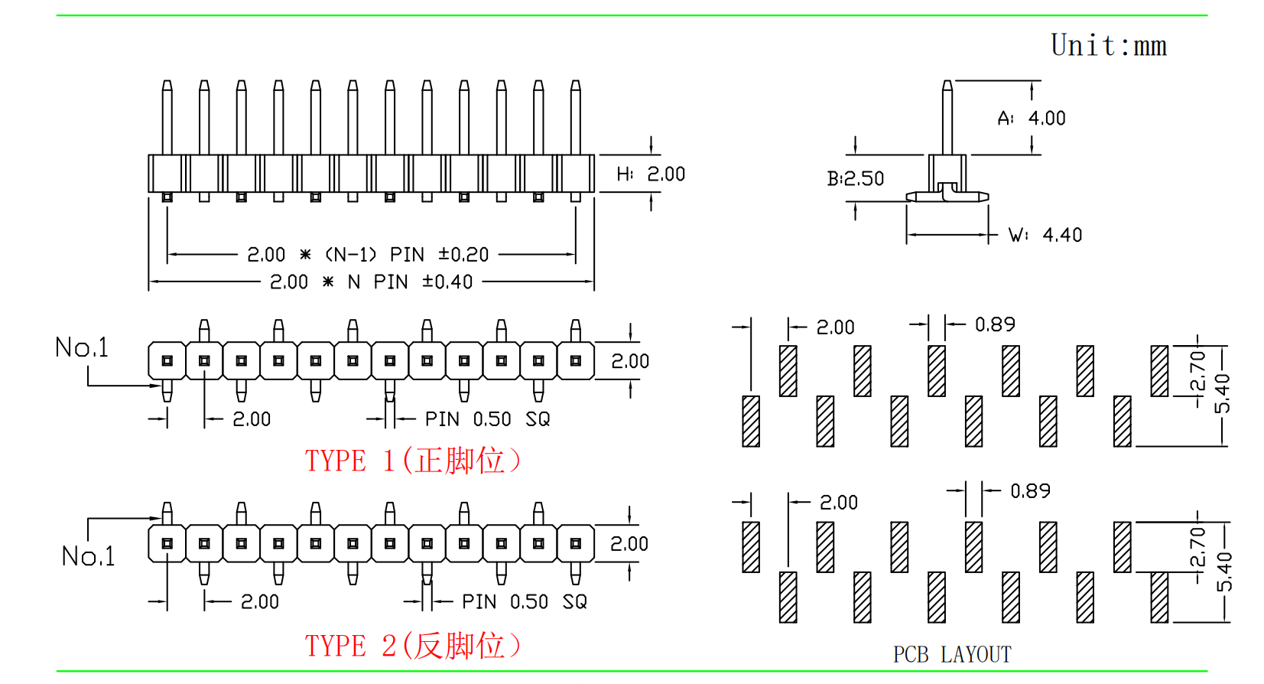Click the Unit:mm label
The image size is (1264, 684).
point(1108,46)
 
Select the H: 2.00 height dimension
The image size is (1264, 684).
point(651,174)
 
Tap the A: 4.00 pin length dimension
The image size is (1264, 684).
point(1032,119)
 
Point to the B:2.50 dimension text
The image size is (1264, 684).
point(856,179)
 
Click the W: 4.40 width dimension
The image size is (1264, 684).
point(1045,235)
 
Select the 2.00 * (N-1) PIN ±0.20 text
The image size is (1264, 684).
point(368,254)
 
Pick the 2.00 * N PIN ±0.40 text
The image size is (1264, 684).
point(371,282)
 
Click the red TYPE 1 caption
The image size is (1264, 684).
point(413,461)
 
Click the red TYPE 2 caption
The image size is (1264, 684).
point(413,646)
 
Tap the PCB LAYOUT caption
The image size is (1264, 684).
point(952,655)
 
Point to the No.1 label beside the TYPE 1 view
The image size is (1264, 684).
point(82,348)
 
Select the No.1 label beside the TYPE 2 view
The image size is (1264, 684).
point(89,556)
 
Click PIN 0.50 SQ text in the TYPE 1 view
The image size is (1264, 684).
point(487,419)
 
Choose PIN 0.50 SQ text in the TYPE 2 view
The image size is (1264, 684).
point(525,602)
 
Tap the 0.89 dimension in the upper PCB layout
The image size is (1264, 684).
point(995,325)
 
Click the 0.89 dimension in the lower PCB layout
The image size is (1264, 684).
point(1030,491)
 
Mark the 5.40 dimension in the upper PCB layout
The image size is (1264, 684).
point(1223,393)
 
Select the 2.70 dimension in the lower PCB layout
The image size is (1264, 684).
point(1197,546)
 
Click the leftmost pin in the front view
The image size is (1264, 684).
point(167,119)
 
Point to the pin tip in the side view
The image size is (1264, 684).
point(947,84)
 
